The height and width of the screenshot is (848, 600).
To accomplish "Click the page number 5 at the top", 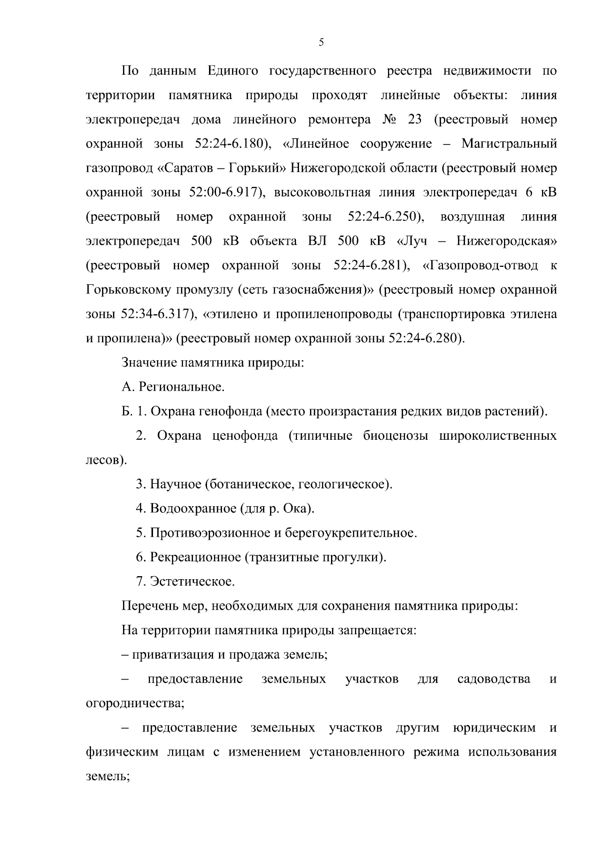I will point(321,42).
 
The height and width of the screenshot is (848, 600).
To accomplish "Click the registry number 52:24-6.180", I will point(226,144).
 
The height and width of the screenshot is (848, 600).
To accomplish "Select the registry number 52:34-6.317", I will point(153,314).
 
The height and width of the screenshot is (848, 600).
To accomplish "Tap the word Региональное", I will point(181,387).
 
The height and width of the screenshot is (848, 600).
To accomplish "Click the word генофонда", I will point(231,411).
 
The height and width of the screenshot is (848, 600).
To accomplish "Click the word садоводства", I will point(493,679).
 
